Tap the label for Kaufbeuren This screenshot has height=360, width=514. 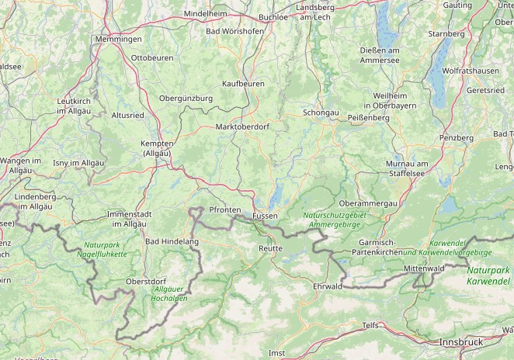(x=243, y=83)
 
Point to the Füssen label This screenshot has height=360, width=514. (x=265, y=215)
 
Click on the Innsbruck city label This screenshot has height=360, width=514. (x=460, y=341)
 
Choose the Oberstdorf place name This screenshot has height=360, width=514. (x=147, y=281)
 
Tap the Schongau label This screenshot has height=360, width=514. (x=321, y=112)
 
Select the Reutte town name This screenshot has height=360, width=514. (x=270, y=248)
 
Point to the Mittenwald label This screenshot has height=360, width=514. (x=423, y=268)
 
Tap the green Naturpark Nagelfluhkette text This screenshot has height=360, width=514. (x=102, y=249)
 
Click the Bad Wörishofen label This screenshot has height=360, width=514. (x=234, y=31)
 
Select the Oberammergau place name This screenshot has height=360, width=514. (x=369, y=202)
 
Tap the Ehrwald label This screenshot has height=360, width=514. (x=327, y=286)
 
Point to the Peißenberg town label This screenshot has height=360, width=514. (x=368, y=117)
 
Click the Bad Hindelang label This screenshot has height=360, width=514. (x=172, y=242)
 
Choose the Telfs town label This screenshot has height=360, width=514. (x=370, y=326)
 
